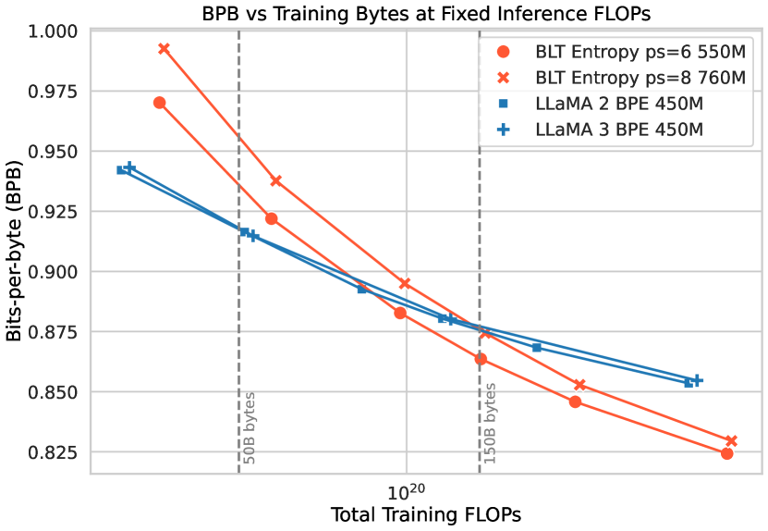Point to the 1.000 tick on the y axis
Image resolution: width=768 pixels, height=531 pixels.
[x=56, y=31]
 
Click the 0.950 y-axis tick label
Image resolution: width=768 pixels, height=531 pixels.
[x=56, y=152]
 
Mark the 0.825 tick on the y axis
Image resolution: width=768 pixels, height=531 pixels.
[x=56, y=452]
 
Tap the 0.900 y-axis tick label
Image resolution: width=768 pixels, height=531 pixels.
[x=56, y=272]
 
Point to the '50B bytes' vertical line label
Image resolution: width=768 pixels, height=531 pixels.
[x=250, y=427]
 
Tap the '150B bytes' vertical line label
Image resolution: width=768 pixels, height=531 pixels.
[x=490, y=424]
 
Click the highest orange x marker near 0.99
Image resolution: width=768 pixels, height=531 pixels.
[x=164, y=48]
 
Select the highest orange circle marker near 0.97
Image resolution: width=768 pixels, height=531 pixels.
[x=159, y=103]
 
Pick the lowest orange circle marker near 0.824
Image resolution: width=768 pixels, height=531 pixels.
[x=726, y=453]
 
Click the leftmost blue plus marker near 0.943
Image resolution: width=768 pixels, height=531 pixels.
[x=129, y=167]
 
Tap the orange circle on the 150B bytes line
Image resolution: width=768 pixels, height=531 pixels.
[x=481, y=359]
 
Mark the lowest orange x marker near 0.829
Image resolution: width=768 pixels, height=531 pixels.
[x=731, y=441]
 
